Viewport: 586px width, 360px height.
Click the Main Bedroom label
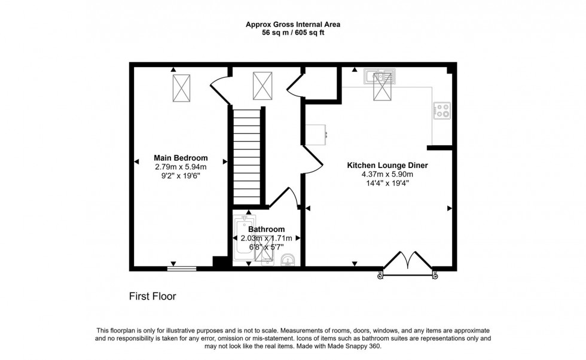click(x=181, y=158)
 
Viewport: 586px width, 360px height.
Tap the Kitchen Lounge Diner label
click(x=387, y=165)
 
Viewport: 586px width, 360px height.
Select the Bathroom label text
click(x=267, y=229)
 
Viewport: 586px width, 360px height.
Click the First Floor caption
click(x=153, y=296)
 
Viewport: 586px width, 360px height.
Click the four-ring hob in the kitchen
click(x=442, y=110)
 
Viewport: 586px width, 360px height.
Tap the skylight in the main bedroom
click(x=181, y=87)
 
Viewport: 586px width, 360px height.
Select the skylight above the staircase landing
click(x=261, y=86)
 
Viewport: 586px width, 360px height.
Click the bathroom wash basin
click(x=287, y=260)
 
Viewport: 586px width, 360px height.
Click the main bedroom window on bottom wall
click(x=181, y=268)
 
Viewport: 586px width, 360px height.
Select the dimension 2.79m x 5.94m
click(x=181, y=167)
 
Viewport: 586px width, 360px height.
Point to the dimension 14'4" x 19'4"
click(x=387, y=183)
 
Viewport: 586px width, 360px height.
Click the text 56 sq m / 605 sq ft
click(x=293, y=33)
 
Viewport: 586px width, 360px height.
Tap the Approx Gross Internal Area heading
click(x=293, y=25)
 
